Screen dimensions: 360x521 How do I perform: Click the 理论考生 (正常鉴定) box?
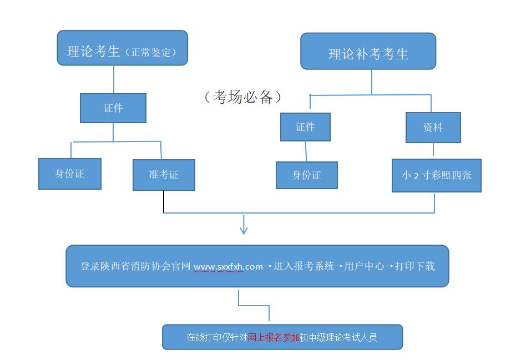coord(122,48)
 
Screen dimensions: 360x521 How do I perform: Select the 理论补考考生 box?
coord(368,52)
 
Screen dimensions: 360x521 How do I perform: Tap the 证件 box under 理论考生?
coord(113,108)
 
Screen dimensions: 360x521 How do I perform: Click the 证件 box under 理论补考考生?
coord(305,127)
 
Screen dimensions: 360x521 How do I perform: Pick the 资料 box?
coord(433,127)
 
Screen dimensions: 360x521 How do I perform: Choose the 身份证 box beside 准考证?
coord(70,174)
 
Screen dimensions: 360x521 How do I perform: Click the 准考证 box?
coord(164,175)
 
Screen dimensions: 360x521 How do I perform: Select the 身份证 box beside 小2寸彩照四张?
coord(306,175)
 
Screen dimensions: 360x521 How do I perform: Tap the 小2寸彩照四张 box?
coord(436,175)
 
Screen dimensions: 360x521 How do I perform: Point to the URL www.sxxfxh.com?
coord(228,267)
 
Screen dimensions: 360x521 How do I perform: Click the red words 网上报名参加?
coord(274,337)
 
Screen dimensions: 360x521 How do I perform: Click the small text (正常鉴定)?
coord(151,53)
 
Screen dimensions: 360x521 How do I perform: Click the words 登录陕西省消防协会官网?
coord(136,266)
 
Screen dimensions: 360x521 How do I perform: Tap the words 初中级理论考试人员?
coord(338,337)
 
